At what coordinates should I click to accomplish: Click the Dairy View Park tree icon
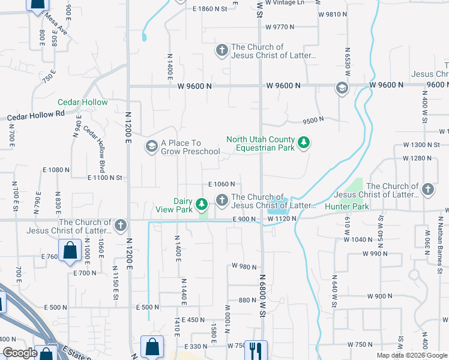point(203,202)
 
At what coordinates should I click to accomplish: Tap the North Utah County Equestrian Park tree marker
point(305,142)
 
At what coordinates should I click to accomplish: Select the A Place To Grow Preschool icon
point(151,146)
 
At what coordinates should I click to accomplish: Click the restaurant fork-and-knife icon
point(258,349)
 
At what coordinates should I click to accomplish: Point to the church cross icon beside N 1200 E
point(121,225)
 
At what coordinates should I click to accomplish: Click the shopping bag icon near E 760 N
point(70,250)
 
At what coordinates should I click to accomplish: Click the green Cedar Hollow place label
point(83,103)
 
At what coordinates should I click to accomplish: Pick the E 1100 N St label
point(105,178)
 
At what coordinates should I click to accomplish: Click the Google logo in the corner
point(20,353)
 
